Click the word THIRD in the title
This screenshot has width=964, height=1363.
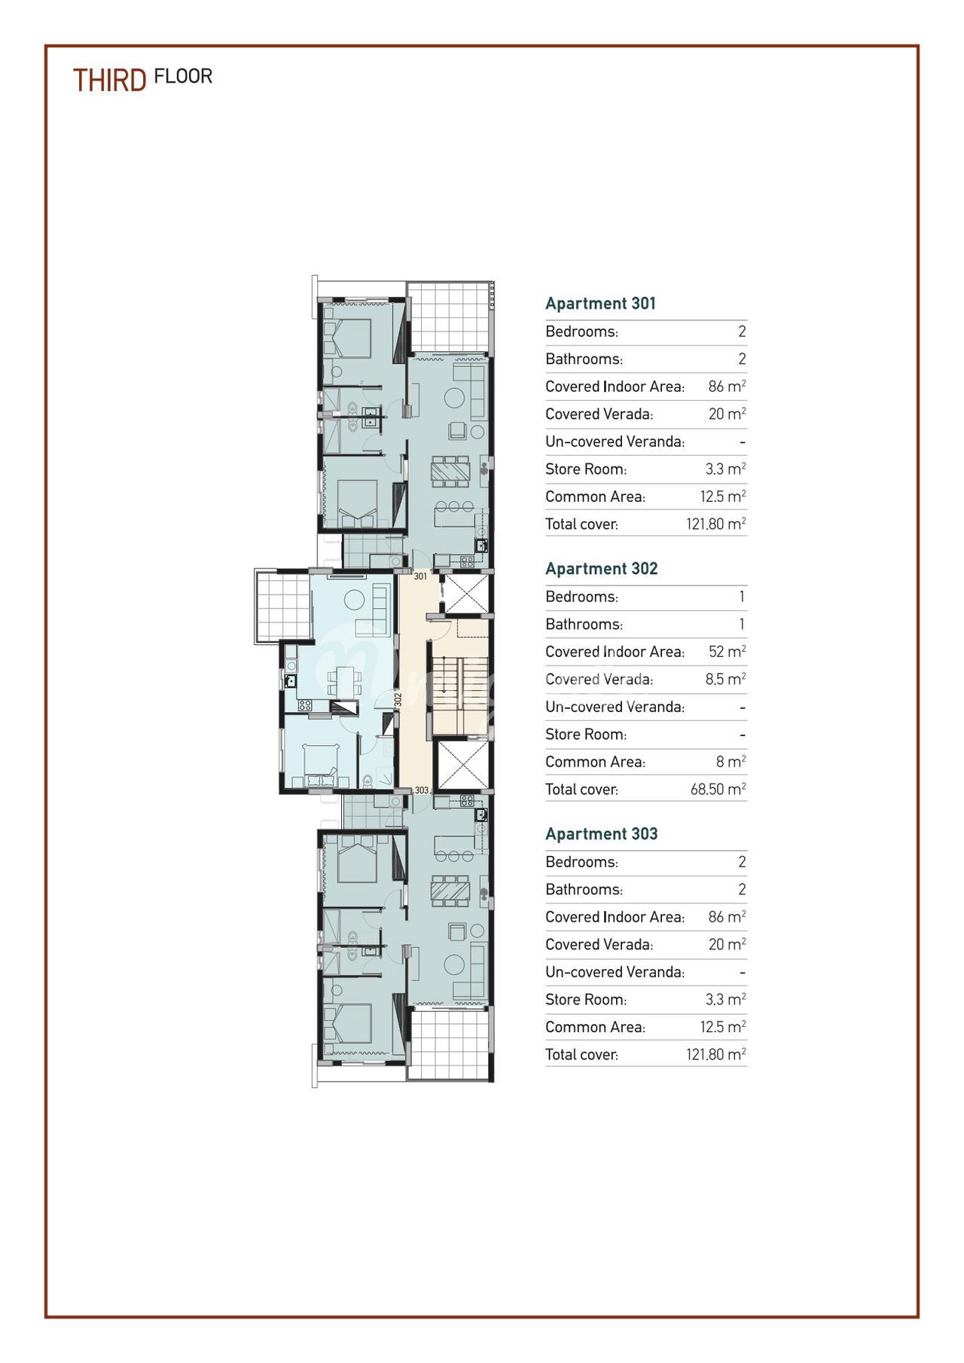(109, 80)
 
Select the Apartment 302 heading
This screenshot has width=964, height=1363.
(601, 569)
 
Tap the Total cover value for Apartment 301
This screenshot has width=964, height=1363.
(715, 524)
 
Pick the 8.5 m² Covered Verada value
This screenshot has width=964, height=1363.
(725, 679)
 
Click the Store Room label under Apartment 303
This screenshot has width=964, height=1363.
(586, 1000)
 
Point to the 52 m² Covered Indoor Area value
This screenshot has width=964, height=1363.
(727, 652)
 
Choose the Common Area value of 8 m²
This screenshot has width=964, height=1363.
(731, 762)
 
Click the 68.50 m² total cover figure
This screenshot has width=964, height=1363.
(718, 789)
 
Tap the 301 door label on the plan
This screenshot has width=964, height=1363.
(420, 576)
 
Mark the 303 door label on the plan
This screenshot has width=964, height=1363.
(422, 790)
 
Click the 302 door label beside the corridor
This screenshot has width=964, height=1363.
(398, 699)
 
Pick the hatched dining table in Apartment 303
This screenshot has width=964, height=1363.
(450, 891)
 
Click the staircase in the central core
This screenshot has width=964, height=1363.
(459, 685)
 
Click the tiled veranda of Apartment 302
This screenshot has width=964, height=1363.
(283, 606)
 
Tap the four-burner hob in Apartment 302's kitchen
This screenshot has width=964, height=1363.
(305, 705)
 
